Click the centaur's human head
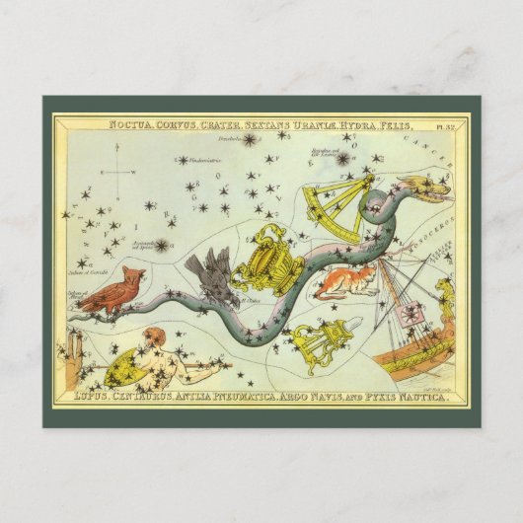tap(152, 340)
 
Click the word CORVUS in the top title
tap(180, 125)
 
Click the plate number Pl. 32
tap(448, 126)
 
